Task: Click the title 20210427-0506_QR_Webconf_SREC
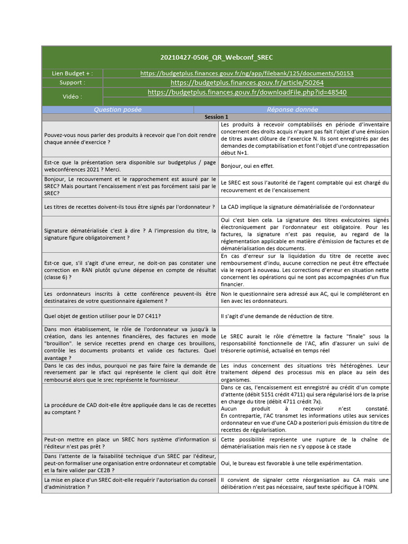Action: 217,57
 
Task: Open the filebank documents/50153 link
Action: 247,73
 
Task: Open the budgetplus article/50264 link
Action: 247,83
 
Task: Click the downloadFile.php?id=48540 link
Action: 247,92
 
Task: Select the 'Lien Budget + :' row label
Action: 72,73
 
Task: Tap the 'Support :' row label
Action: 72,83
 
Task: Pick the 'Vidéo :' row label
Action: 72,97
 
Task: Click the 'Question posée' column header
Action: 118,109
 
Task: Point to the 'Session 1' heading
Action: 216,117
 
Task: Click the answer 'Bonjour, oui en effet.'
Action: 248,166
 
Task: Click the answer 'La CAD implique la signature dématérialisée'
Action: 297,206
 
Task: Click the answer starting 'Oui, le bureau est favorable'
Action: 292,463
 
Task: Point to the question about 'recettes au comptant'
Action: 130,409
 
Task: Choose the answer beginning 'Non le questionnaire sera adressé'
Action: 304,297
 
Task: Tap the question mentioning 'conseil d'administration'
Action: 130,483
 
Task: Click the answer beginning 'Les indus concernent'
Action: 304,373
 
